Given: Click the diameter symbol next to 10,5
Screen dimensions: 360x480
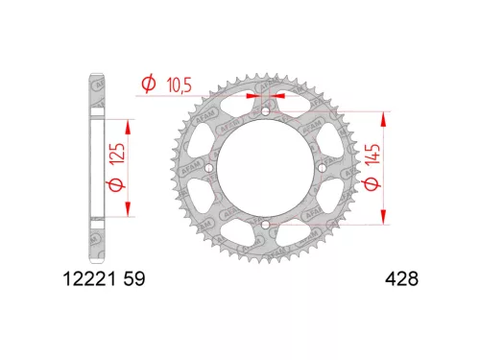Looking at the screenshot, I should point(149,85).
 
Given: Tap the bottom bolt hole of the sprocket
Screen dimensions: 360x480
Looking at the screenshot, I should point(262,226).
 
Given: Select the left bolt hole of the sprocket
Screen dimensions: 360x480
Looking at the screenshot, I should point(206,170).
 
